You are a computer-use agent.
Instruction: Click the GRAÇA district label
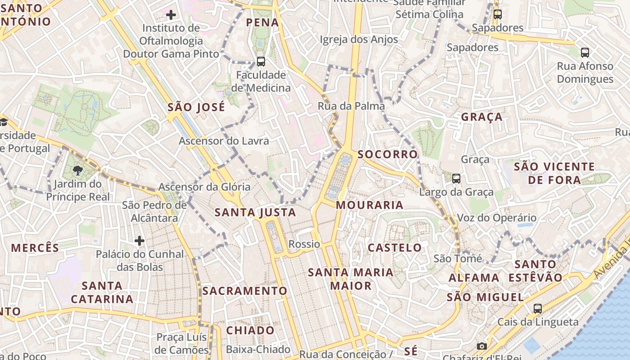pos(481,117)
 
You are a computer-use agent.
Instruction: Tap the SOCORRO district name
pos(387,154)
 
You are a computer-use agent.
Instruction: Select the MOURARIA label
pos(369,205)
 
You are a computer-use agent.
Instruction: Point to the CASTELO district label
pos(395,247)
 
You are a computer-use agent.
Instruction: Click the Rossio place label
pos(304,244)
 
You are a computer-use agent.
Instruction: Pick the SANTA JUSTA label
pos(255,212)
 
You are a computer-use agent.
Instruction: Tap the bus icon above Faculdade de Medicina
pos(261,62)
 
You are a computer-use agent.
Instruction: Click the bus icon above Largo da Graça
pos(456,179)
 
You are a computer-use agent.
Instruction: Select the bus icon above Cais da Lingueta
pos(537,309)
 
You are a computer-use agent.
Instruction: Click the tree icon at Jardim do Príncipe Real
pos(77,171)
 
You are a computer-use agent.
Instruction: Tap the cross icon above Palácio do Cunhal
pos(139,241)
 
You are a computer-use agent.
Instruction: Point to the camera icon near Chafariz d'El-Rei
pos(481,346)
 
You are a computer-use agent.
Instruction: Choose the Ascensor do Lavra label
pos(224,141)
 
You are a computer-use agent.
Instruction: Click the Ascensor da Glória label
pos(204,187)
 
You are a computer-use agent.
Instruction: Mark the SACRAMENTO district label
pos(244,291)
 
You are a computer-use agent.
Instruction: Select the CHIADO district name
pos(250,330)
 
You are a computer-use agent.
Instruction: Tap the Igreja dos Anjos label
pos(359,40)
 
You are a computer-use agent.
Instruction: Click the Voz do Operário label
pos(496,218)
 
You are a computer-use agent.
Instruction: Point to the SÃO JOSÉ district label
pos(196,108)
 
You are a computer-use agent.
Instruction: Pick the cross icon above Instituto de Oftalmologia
pos(171,15)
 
